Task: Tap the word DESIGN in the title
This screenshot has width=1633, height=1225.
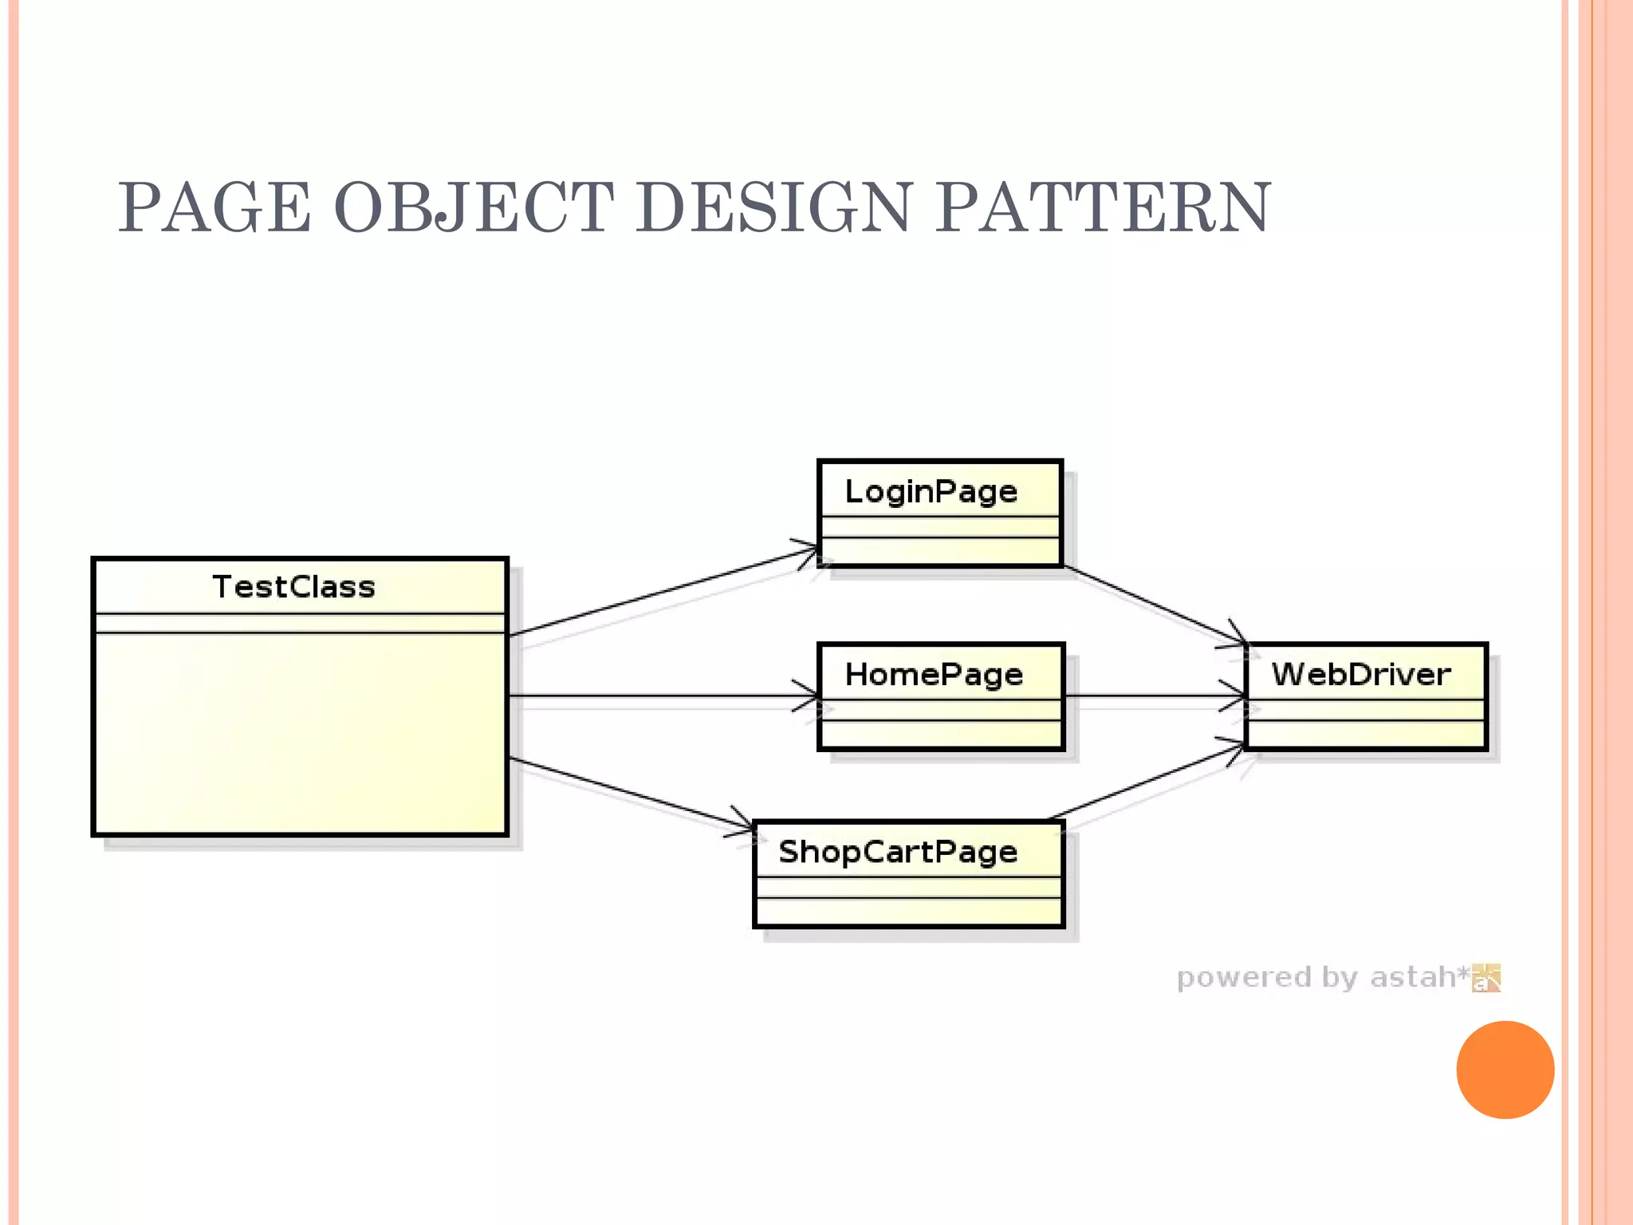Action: [773, 208]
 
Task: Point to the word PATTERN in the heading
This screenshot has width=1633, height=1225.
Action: [1102, 208]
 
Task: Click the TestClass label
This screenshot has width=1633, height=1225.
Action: [293, 587]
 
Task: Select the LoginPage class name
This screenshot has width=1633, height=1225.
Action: [931, 491]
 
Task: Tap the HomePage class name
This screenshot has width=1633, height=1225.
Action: [934, 675]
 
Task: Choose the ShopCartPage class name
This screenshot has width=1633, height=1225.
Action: [898, 852]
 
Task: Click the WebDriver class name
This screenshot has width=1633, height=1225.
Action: [1360, 675]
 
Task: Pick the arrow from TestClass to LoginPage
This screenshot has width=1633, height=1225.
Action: [662, 592]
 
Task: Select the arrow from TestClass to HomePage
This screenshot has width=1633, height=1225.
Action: [662, 696]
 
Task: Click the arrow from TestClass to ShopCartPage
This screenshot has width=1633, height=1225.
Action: [630, 794]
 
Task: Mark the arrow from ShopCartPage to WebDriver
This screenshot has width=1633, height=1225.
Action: [1148, 781]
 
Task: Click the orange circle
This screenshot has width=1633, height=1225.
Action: [1505, 1069]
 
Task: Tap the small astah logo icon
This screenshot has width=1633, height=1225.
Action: [1486, 978]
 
